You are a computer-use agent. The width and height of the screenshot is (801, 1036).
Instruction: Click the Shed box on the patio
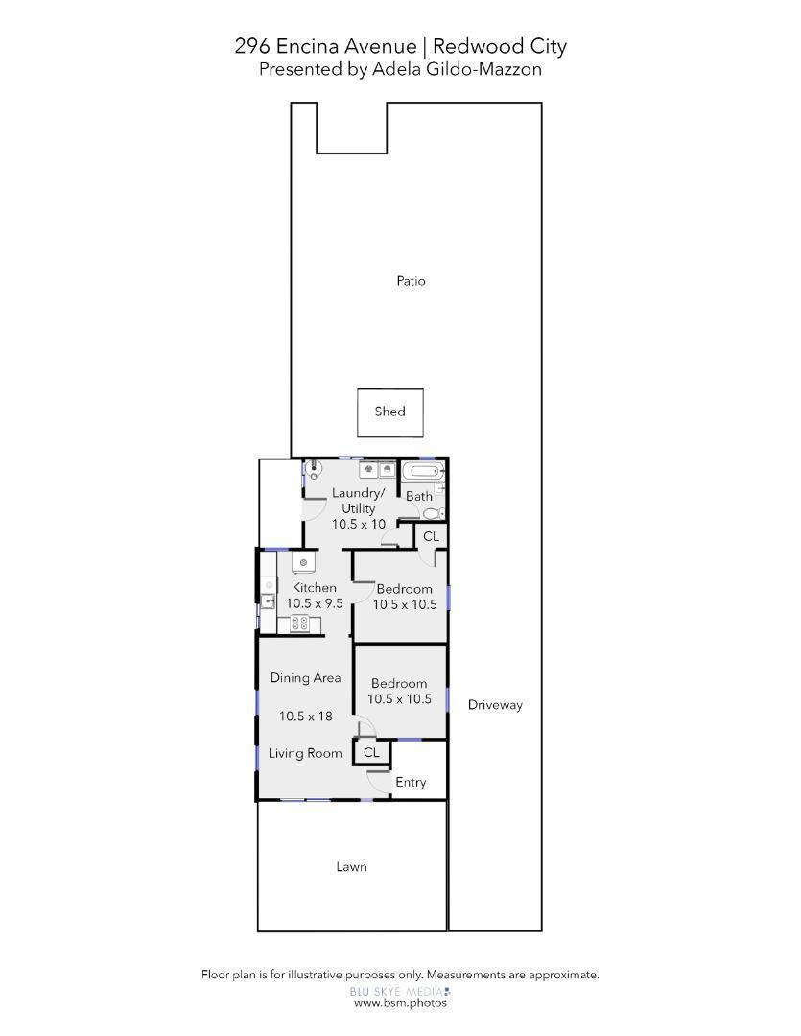389,412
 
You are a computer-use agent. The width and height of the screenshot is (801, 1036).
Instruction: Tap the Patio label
411,281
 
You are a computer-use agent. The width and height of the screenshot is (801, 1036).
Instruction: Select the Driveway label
495,705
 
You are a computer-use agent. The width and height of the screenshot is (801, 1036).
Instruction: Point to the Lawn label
351,867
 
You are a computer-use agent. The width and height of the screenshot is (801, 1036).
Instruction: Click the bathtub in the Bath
422,471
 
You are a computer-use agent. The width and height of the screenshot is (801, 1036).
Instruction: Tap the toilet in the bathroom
432,513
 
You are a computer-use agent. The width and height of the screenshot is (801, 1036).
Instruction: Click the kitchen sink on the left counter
269,602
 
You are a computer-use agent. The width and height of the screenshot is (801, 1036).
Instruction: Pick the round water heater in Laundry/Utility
315,470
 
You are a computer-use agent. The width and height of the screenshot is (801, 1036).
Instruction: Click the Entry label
411,783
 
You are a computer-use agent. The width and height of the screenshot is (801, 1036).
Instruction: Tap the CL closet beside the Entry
371,753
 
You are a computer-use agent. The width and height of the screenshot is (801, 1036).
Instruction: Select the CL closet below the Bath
431,536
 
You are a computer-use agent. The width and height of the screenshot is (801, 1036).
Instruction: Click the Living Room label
305,754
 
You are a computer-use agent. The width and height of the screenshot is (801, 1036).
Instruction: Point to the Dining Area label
305,678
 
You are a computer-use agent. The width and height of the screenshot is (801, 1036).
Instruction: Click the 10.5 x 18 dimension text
305,717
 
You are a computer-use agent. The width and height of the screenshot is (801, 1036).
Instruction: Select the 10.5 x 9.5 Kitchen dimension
315,603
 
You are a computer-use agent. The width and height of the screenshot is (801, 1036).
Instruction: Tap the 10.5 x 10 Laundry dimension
359,525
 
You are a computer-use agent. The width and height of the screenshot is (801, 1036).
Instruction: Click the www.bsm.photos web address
400,1003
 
